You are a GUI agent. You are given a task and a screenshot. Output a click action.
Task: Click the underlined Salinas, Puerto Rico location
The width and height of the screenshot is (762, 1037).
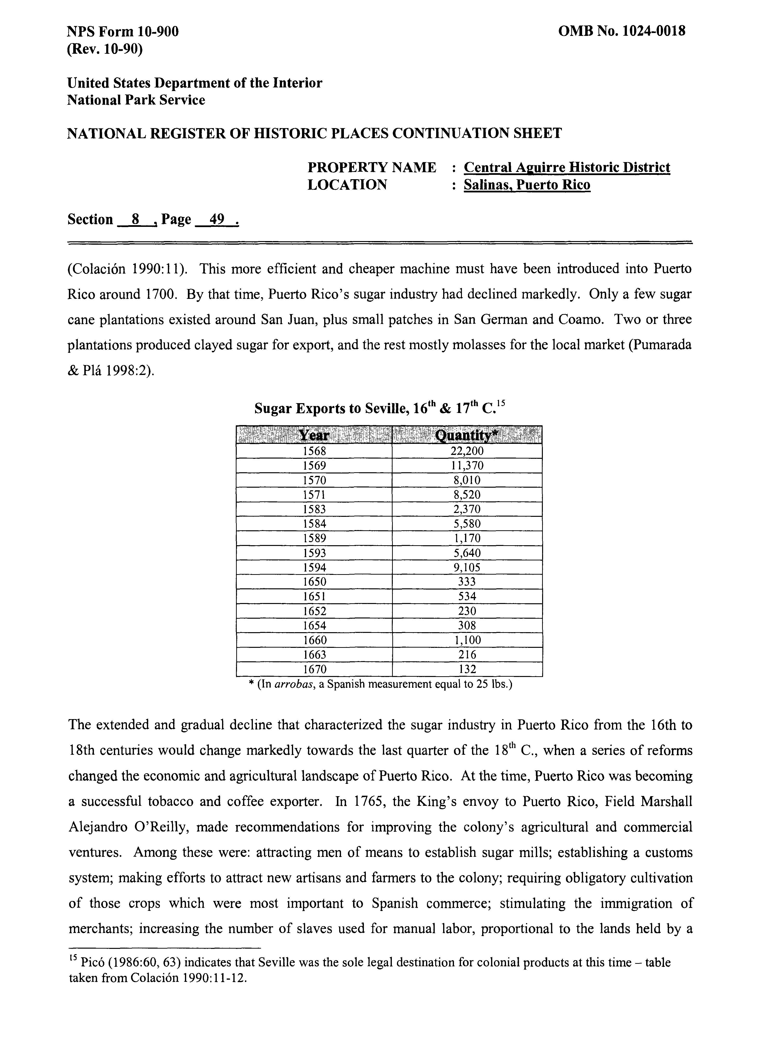[527, 185]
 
